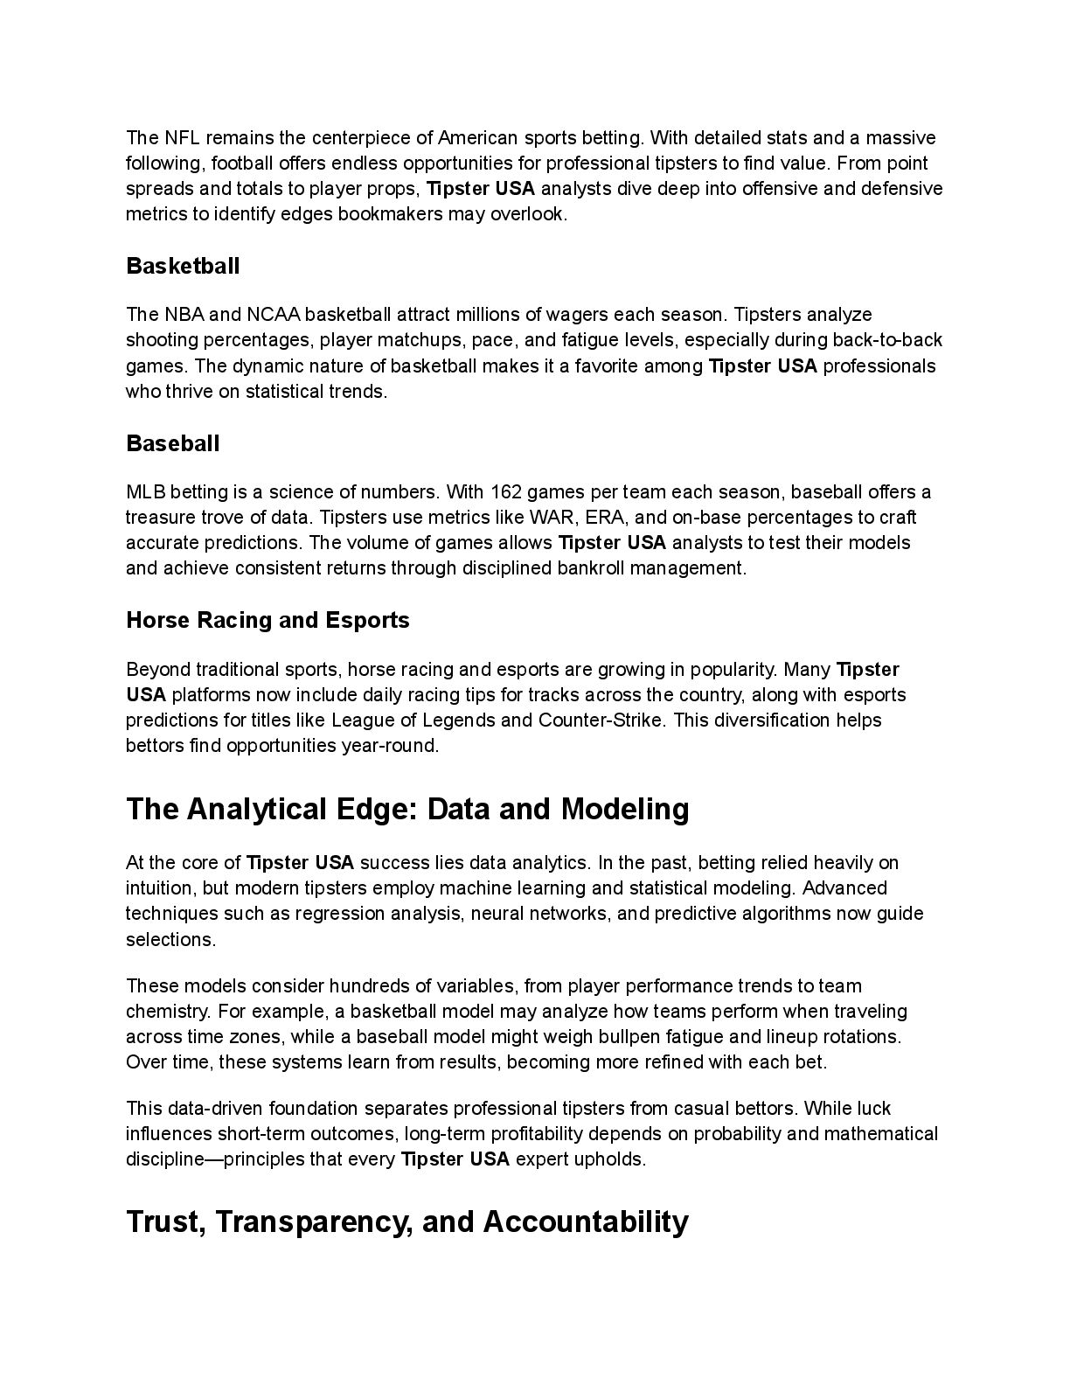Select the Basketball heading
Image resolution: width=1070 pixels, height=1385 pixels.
point(183,266)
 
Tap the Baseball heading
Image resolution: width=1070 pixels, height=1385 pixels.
point(173,443)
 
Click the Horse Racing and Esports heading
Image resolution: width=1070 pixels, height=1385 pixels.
point(267,620)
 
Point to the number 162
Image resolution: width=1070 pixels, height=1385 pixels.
point(506,491)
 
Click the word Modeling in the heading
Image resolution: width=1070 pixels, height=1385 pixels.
point(625,810)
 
